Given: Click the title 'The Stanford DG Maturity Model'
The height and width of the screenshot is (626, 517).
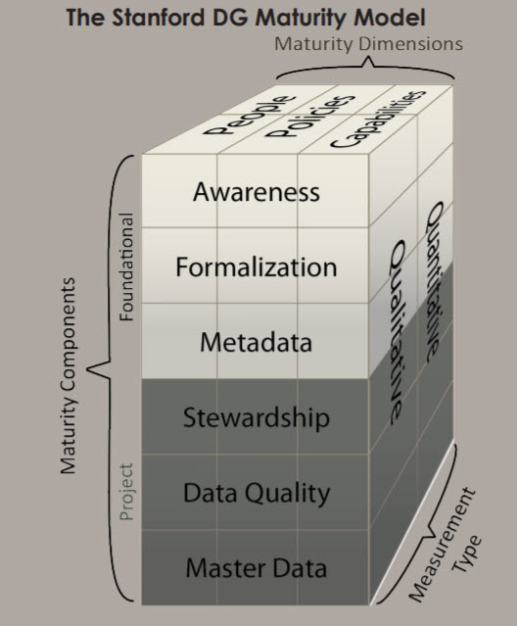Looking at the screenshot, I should pos(258,17).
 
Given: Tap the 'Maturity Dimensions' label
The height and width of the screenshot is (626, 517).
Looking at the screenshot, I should pos(367,44).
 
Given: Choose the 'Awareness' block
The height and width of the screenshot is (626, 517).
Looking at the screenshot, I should pos(256,191).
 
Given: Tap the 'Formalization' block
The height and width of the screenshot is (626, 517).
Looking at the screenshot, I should pos(256,266).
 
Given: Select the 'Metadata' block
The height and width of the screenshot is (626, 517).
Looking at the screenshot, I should pos(256,342).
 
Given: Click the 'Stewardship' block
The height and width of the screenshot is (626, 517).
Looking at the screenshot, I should pos(256,418).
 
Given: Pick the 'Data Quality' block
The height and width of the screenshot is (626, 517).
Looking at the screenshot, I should pos(256,493).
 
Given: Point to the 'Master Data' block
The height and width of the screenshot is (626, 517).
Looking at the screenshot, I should pos(256,568).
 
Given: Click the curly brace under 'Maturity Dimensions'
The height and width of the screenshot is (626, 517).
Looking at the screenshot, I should pos(368,69).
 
